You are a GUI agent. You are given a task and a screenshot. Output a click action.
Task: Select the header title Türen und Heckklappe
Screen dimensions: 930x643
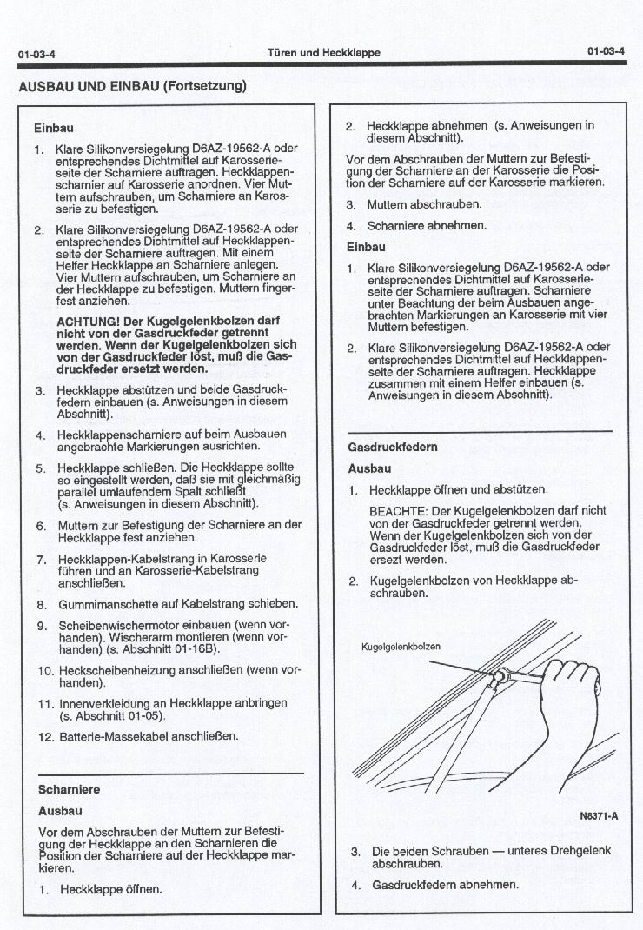tap(322, 53)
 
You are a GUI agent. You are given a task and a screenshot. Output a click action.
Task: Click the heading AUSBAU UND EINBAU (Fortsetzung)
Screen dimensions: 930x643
tap(133, 85)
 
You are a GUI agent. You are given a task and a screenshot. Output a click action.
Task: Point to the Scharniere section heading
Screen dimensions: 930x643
tap(70, 789)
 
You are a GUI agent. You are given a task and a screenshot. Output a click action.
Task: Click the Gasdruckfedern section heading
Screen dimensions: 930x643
tap(392, 447)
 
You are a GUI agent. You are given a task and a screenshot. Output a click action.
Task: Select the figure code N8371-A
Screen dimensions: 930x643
tap(598, 817)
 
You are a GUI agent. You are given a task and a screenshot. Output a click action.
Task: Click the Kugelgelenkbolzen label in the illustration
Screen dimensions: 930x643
tap(401, 647)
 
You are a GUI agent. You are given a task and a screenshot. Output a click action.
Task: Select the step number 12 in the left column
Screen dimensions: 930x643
tap(46, 736)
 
